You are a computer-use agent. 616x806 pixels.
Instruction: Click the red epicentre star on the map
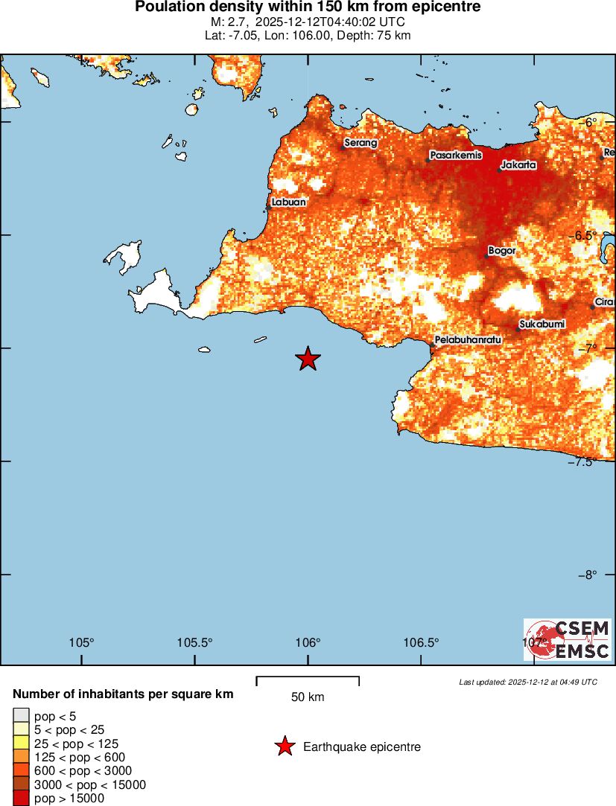pyautogui.click(x=308, y=359)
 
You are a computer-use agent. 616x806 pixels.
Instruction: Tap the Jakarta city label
pyautogui.click(x=518, y=164)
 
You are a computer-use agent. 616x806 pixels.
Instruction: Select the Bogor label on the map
pyautogui.click(x=502, y=251)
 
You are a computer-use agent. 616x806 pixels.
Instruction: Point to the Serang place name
pyautogui.click(x=361, y=143)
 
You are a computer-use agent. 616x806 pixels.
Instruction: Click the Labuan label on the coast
pyautogui.click(x=288, y=202)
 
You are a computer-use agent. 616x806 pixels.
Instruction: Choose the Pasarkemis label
pyautogui.click(x=456, y=156)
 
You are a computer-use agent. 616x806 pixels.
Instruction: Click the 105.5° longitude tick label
pyautogui.click(x=194, y=643)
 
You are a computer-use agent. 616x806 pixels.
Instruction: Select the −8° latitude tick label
pyautogui.click(x=588, y=575)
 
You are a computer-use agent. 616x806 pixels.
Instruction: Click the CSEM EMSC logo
pyautogui.click(x=567, y=639)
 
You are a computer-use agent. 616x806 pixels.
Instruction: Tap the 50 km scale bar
pyautogui.click(x=308, y=680)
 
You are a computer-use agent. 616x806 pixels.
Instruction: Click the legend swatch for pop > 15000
pyautogui.click(x=20, y=799)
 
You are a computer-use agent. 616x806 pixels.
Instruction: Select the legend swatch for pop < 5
pyautogui.click(x=20, y=716)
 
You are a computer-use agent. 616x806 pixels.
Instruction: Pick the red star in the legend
pyautogui.click(x=285, y=746)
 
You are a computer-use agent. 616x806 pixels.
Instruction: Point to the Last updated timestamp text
pyautogui.click(x=527, y=682)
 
